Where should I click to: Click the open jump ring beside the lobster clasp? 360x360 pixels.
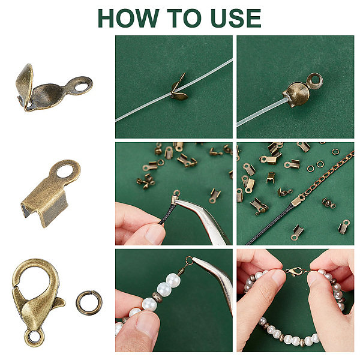(89, 303)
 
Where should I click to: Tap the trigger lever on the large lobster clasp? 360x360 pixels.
(59, 302)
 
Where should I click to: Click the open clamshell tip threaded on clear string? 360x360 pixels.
(179, 90)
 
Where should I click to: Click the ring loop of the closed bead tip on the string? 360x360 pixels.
(315, 81)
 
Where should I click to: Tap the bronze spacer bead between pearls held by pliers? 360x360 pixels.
(157, 297)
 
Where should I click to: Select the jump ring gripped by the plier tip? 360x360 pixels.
(189, 260)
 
